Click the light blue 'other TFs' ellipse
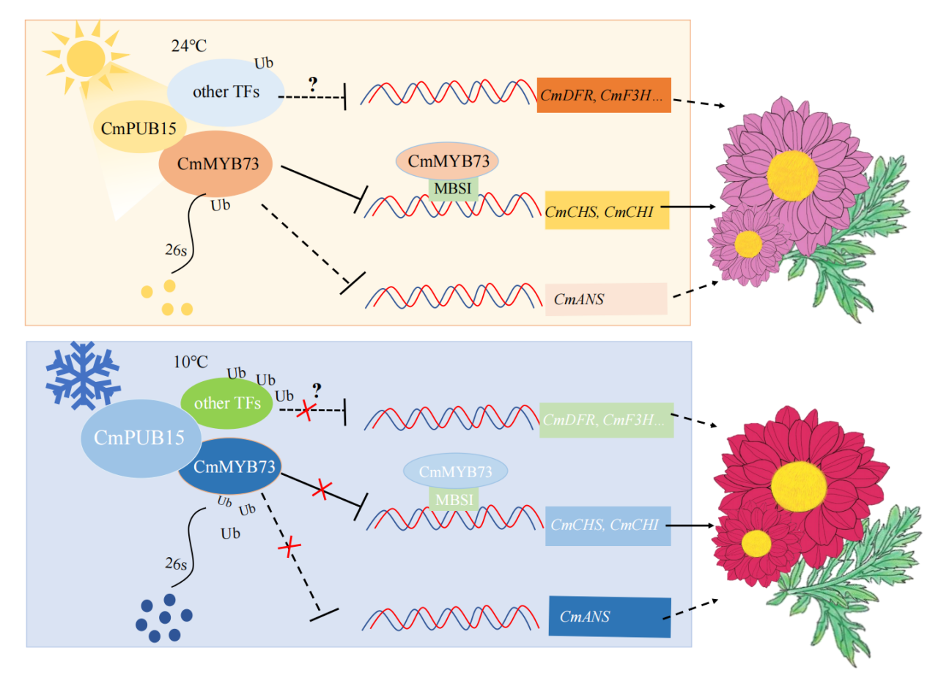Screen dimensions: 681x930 [x=225, y=92]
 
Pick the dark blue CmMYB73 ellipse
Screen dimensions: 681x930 [x=230, y=467]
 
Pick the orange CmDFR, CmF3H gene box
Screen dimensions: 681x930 [x=604, y=95]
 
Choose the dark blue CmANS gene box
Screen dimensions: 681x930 [x=609, y=616]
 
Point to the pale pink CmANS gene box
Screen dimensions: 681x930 [x=606, y=299]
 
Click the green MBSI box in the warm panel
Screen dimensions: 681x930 [x=453, y=188]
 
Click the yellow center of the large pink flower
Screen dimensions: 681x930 [x=792, y=172]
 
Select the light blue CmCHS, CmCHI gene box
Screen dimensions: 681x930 [x=608, y=526]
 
